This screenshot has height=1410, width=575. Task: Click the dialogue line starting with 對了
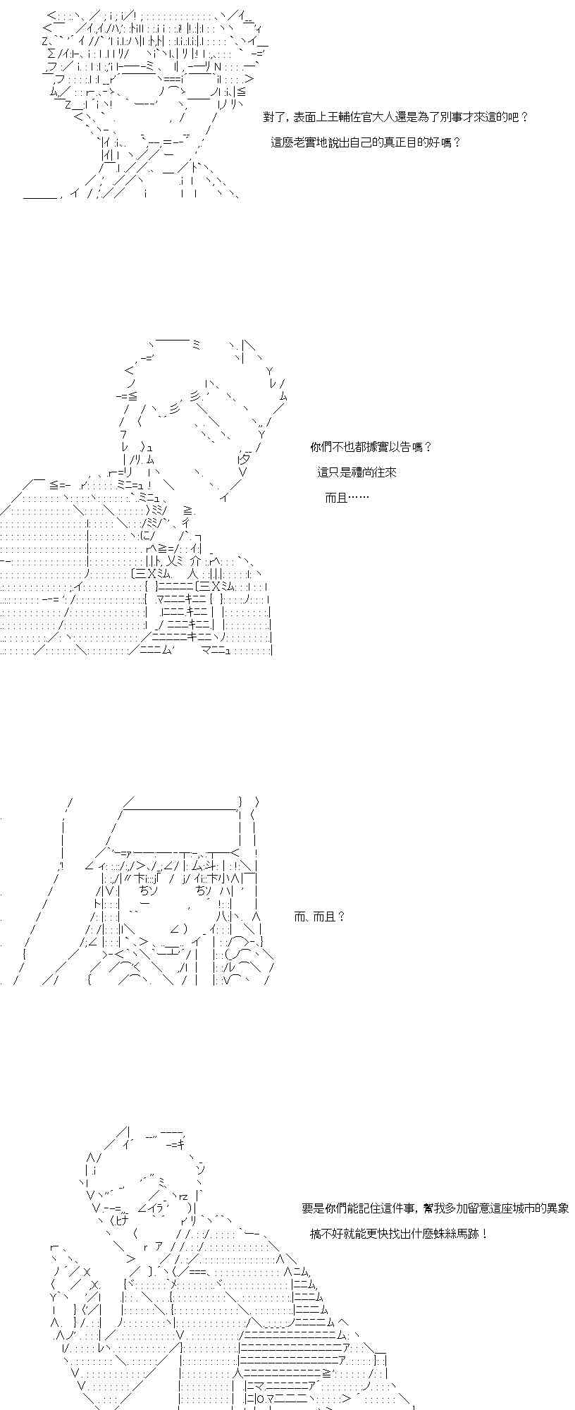point(395,117)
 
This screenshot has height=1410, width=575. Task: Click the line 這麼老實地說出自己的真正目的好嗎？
point(366,142)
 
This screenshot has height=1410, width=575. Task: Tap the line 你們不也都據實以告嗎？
point(371,447)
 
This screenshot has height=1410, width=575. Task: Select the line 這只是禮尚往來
point(357,472)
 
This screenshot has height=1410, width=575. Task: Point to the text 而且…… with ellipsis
point(347,498)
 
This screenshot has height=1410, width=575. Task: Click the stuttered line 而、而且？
point(319,916)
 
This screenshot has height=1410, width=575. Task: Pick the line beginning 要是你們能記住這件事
point(435,1208)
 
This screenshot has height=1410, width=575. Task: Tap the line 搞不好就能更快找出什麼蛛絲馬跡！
point(399,1234)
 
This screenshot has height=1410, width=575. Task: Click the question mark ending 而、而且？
point(341,916)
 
